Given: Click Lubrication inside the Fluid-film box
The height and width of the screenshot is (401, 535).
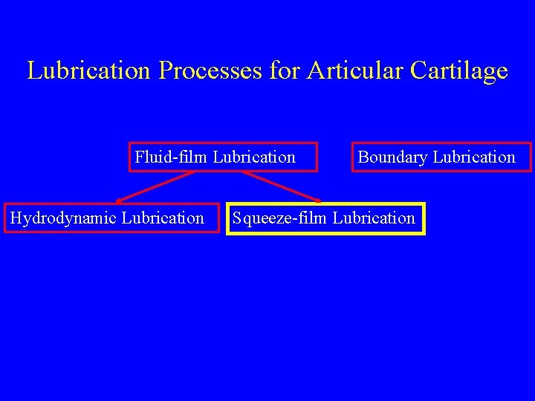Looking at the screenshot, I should coord(254,157).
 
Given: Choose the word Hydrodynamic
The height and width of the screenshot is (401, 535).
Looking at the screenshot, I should coord(63,218).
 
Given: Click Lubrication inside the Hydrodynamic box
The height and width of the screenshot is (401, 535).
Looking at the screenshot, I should coord(163,218).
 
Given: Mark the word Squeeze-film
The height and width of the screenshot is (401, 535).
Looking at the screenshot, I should coord(281,218).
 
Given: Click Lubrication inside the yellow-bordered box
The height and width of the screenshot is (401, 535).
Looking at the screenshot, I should coord(374,218).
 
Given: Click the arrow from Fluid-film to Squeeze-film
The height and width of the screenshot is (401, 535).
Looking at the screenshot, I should coord(281,186).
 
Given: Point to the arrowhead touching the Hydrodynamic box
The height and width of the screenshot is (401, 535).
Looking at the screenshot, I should coord(120,200).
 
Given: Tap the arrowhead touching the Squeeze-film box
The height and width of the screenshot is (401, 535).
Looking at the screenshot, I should coord(317,200).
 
